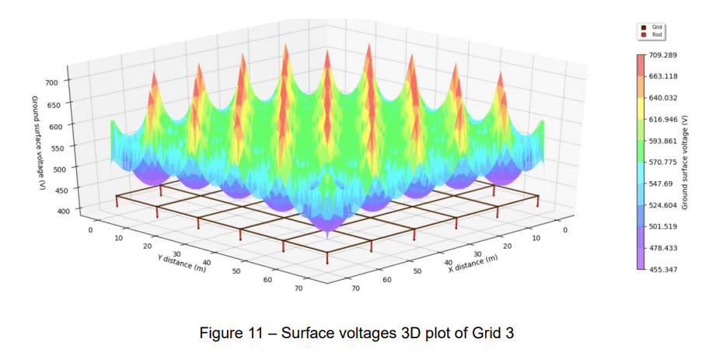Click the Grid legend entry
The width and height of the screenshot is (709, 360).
[656, 26]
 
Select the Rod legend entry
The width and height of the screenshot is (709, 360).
[656, 34]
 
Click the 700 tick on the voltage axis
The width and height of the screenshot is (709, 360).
[53, 82]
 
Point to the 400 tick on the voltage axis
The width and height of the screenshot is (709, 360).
[63, 211]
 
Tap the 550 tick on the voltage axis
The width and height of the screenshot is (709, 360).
[59, 146]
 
